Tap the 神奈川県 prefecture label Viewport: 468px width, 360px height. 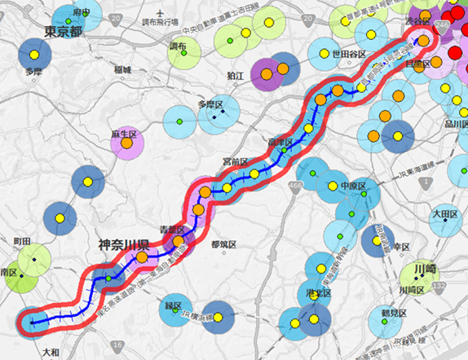[123, 244]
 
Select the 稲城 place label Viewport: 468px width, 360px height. [124, 69]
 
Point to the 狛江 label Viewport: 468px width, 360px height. [236, 74]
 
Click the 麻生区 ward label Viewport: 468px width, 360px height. [126, 132]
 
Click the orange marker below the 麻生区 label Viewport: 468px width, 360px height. [127, 144]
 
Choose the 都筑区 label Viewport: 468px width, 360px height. [222, 244]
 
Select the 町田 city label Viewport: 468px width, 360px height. [22, 242]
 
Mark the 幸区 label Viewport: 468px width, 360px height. [400, 246]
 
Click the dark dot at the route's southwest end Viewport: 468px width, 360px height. [33, 323]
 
